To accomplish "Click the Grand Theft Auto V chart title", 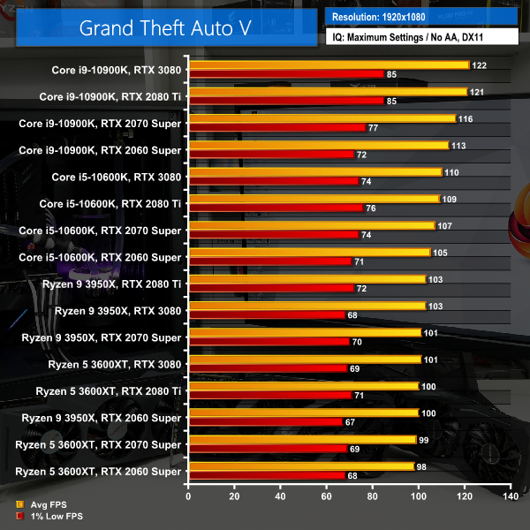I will point(165,26).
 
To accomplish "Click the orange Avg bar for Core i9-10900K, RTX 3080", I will point(328,65).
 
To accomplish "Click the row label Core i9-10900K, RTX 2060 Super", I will point(100,150).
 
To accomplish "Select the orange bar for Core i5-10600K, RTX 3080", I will point(314,171).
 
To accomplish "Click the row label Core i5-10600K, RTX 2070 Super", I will point(100,230).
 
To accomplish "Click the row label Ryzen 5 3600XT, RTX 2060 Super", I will point(99,472).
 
